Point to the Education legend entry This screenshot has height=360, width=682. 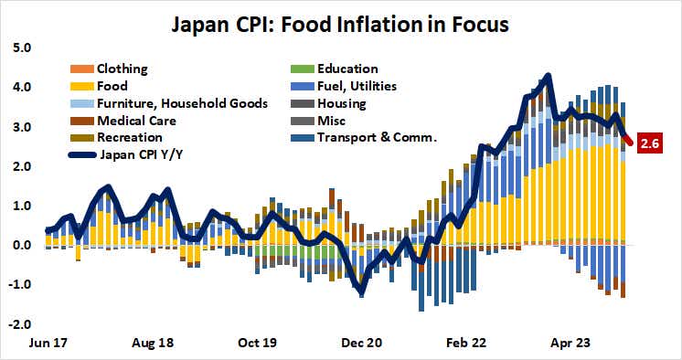pyautogui.click(x=346, y=69)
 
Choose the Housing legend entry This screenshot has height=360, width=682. pyautogui.click(x=342, y=103)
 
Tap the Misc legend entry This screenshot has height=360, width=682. pyautogui.click(x=330, y=121)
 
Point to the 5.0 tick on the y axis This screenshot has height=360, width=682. pyautogui.click(x=20, y=48)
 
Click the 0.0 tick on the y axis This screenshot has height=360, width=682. pyautogui.click(x=20, y=245)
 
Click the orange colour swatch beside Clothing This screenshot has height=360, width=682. pyautogui.click(x=80, y=69)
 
